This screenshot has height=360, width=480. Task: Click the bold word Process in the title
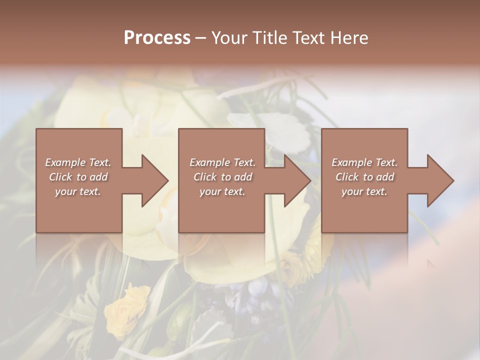157,37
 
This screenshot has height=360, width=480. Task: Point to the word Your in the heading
229,37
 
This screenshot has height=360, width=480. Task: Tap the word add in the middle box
243,177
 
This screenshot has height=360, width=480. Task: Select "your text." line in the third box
364,191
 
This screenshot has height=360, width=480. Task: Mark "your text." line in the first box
78,191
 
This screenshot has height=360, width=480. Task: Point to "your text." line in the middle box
222,191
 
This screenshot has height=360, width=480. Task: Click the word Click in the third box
347,177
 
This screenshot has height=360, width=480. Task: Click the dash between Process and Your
201,38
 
